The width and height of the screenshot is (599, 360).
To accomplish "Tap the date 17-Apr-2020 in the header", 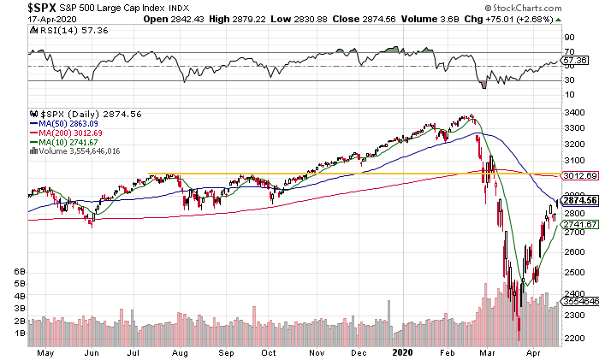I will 27,19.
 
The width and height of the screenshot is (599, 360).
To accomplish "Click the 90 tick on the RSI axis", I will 567,38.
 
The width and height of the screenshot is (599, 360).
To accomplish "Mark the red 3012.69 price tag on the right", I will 579,176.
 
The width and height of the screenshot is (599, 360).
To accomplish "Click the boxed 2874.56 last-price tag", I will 579,202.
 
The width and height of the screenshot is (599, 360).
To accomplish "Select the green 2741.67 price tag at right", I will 579,224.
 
